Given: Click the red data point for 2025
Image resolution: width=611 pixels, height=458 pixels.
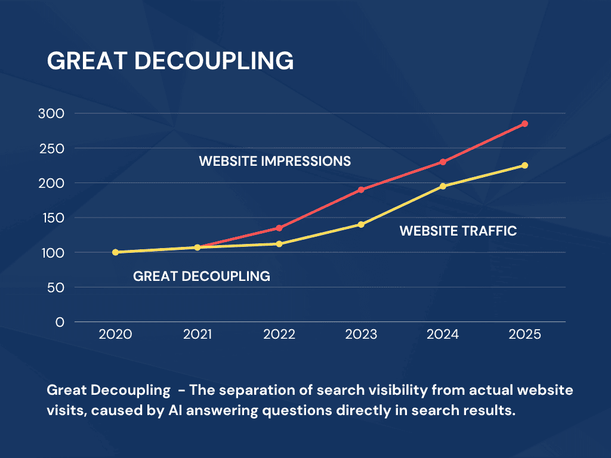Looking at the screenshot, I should tap(524, 123).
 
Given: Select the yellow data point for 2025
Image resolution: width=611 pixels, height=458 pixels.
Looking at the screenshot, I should tap(524, 165).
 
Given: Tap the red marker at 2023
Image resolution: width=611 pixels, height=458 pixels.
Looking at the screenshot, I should tap(361, 190).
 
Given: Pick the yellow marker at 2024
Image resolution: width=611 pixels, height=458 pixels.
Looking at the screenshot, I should tap(443, 186).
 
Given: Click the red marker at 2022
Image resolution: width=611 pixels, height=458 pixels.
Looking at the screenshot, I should tap(279, 228).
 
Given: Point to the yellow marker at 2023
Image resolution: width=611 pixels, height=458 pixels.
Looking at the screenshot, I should tap(361, 224).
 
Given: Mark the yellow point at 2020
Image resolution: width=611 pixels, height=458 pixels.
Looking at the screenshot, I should tap(115, 252).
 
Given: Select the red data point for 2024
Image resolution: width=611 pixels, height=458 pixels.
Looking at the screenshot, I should tap(443, 162).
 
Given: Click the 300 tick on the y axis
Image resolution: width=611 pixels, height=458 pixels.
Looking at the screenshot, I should tap(52, 113).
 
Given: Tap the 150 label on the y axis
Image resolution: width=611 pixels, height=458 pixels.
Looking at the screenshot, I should tap(53, 218).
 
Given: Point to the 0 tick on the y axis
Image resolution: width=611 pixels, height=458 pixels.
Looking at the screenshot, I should tap(60, 322).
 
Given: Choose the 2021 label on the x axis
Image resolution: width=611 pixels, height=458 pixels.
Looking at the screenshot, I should tap(198, 335).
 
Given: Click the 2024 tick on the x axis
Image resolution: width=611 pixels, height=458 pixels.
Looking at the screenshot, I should tap(443, 335).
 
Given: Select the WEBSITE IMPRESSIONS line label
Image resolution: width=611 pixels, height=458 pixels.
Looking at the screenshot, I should tap(274, 161).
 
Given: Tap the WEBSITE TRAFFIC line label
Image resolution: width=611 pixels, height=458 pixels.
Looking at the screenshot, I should tap(458, 231).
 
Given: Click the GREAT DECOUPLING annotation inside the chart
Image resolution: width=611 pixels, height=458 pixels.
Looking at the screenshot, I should tap(201, 277).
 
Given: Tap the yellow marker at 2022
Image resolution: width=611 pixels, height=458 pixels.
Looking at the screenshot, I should tap(279, 244).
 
